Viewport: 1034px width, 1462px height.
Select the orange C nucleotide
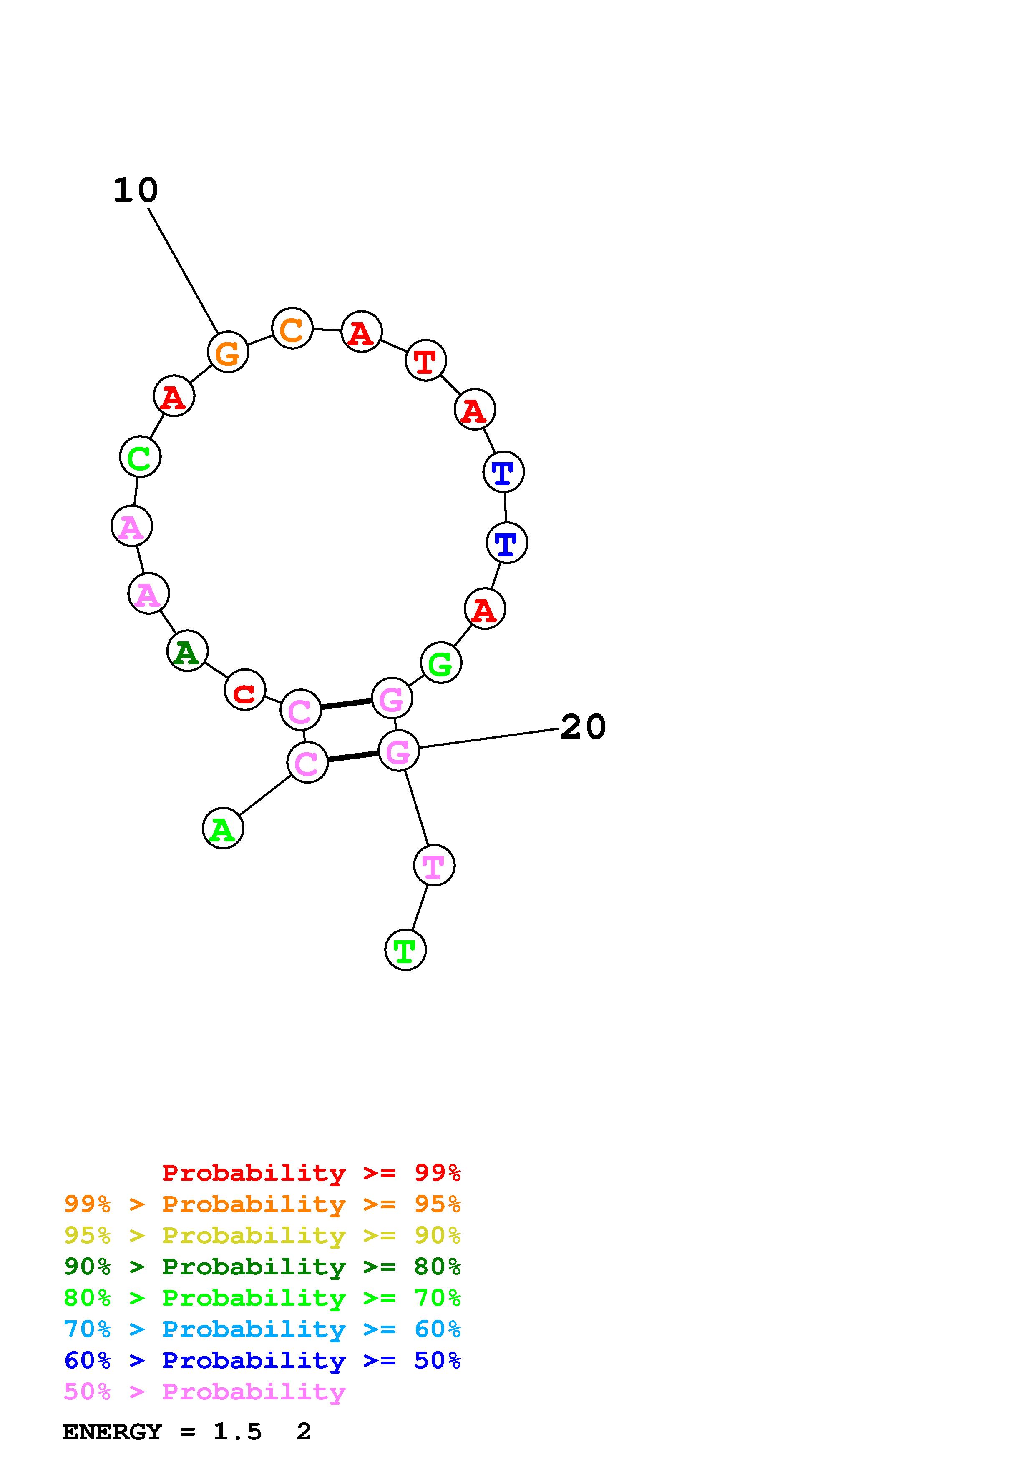(x=292, y=328)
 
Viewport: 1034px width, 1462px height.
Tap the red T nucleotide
(x=425, y=360)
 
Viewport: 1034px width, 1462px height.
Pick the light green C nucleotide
(x=140, y=456)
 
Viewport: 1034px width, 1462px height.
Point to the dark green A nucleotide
(x=187, y=651)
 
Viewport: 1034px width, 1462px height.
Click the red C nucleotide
(x=245, y=690)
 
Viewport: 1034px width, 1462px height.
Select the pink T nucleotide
(x=434, y=865)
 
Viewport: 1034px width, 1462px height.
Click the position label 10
(x=135, y=190)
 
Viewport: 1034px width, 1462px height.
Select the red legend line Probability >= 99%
(x=312, y=1173)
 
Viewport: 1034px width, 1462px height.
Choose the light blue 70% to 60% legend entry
(x=262, y=1329)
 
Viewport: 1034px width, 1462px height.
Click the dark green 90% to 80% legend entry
(x=262, y=1267)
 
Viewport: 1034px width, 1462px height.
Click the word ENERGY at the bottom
(x=112, y=1432)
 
